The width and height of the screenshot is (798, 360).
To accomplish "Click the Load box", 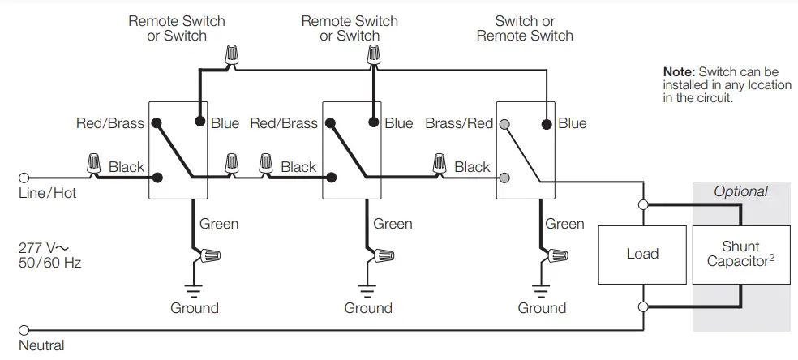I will (x=641, y=255).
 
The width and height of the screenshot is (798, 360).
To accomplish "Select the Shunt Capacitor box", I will (x=740, y=255).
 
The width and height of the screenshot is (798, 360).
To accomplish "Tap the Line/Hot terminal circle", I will (x=24, y=177).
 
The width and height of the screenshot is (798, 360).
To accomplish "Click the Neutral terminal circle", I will (x=24, y=330).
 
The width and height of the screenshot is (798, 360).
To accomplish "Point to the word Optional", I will (x=740, y=191).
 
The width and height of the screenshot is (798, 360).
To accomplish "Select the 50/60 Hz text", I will (x=49, y=263).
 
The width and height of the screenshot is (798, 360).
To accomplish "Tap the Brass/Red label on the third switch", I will (x=459, y=123).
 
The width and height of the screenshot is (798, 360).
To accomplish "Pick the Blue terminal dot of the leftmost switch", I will (x=199, y=123).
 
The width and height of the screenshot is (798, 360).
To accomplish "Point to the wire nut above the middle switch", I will (x=373, y=56).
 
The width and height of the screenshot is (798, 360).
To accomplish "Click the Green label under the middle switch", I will (x=393, y=224).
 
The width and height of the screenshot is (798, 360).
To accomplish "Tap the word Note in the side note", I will (x=678, y=72).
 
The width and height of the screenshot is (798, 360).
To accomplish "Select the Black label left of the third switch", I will (x=472, y=167).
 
